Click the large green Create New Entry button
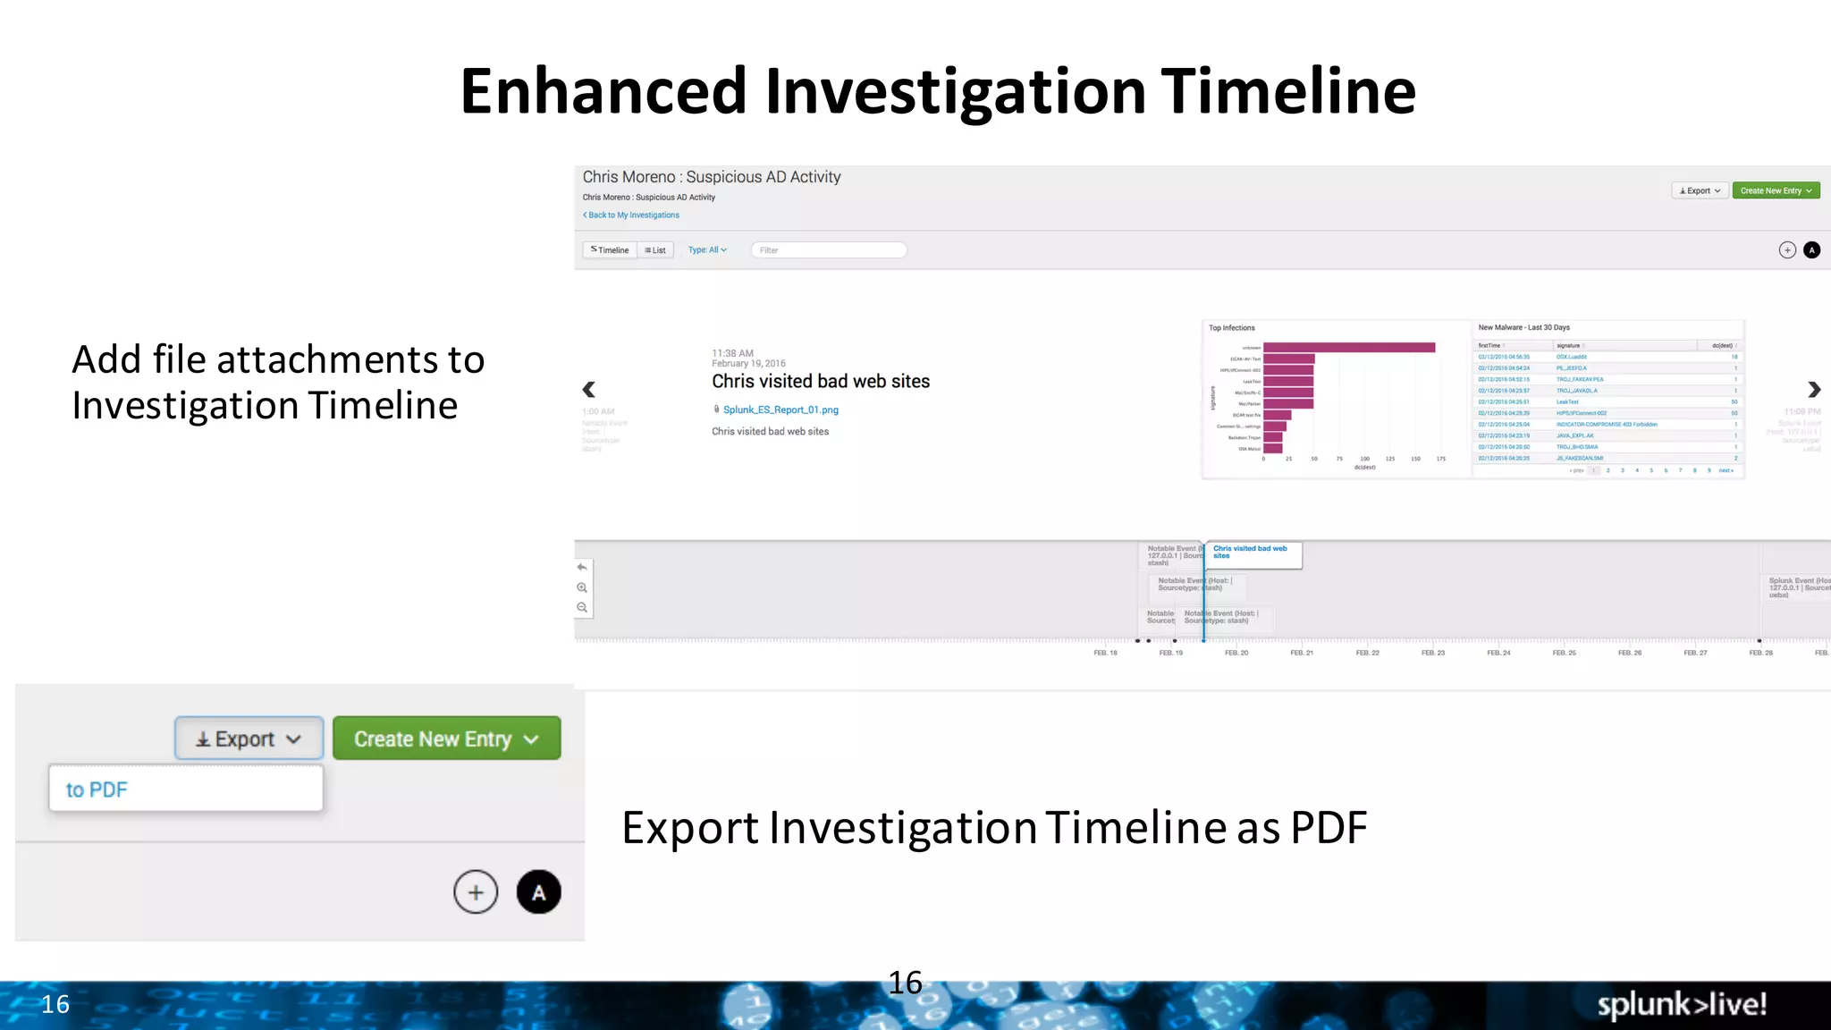tap(446, 739)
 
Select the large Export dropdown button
tap(249, 739)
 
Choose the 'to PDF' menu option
tap(97, 789)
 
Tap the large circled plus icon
tap(476, 891)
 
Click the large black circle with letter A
tap(538, 891)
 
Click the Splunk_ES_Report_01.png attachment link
tap(780, 409)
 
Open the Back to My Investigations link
tap(632, 215)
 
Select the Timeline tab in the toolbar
tap(610, 250)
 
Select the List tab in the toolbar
tap(655, 250)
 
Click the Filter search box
tap(829, 250)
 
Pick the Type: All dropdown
tap(707, 250)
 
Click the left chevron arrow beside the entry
tap(588, 389)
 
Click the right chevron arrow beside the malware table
tap(1813, 389)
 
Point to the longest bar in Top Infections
tap(1348, 348)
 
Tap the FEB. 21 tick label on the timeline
tap(1302, 653)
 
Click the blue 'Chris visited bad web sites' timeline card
tap(1252, 553)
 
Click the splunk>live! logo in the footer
tap(1681, 1004)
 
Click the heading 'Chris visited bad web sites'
tap(820, 382)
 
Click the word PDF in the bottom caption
tap(1329, 828)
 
